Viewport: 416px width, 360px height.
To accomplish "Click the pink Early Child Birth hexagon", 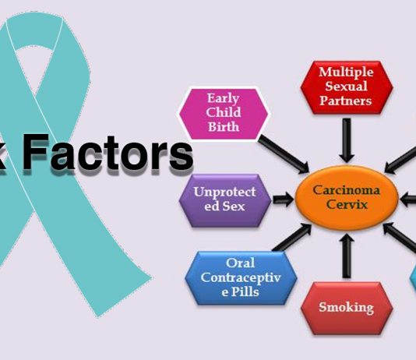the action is [224, 114].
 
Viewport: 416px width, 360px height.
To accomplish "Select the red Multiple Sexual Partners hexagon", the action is [347, 87].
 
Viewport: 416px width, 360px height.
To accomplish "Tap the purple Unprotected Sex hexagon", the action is [225, 200].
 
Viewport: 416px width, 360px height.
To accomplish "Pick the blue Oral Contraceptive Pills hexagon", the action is [241, 277].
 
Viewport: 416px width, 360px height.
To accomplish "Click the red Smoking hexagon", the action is [347, 308].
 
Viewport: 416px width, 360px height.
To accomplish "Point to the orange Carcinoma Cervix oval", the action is [347, 198].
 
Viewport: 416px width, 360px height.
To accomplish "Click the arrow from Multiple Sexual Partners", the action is [347, 140].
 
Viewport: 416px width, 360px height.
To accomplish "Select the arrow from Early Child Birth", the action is [284, 154].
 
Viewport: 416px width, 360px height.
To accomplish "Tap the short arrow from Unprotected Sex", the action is [284, 199].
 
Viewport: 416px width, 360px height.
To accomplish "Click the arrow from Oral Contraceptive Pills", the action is [292, 237].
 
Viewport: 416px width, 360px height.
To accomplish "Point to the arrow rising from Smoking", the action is [347, 256].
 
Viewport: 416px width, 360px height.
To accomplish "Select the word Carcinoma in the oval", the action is [346, 190].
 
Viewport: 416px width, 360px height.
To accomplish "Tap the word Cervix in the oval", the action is [347, 204].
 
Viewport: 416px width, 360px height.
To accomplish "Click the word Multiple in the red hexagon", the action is [346, 72].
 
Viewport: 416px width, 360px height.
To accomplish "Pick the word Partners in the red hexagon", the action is [346, 101].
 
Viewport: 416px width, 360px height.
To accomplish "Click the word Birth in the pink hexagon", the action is [224, 127].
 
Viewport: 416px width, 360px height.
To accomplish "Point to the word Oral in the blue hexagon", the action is [241, 263].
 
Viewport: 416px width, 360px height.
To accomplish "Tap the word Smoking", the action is [346, 308].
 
